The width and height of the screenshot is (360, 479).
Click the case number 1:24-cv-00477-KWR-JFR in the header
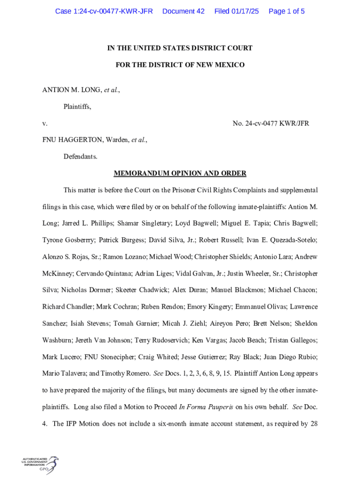pyautogui.click(x=104, y=11)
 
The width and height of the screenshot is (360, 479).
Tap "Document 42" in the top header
pyautogui.click(x=183, y=11)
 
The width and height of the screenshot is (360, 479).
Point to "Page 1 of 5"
pyautogui.click(x=287, y=11)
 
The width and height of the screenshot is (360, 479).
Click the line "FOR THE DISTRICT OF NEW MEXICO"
pyautogui.click(x=180, y=65)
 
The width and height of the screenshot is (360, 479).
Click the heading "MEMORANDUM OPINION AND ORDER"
pyautogui.click(x=180, y=174)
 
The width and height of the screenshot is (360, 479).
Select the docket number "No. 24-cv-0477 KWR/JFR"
pyautogui.click(x=271, y=123)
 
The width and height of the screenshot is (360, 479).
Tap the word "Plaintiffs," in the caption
pyautogui.click(x=77, y=107)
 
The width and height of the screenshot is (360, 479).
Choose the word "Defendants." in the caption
pyautogui.click(x=80, y=157)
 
